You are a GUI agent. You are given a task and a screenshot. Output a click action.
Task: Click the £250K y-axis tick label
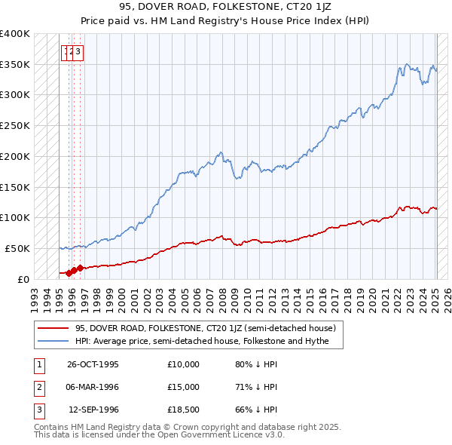coord(14,125)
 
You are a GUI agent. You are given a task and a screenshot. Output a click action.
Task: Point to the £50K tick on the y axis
coord(17,248)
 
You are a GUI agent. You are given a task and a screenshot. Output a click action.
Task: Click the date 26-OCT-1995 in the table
coord(93,364)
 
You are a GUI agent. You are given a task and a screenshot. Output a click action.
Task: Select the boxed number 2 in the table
coord(38,387)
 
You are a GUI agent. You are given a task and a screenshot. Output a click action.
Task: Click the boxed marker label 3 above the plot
coord(78,52)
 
